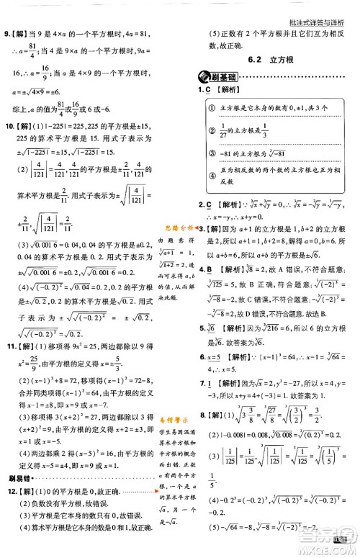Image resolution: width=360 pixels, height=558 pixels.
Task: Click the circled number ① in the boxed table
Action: pos(214,108)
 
